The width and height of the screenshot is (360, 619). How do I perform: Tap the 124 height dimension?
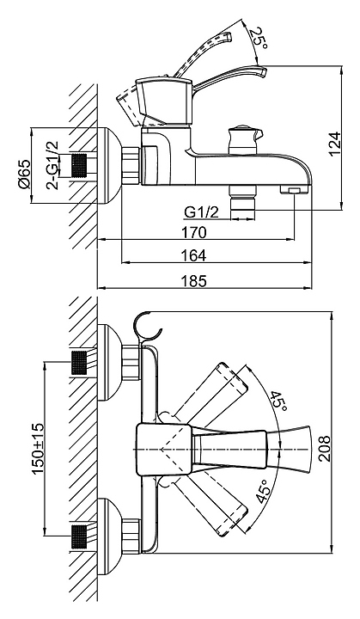[335, 144]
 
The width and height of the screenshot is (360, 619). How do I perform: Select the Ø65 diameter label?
[24, 174]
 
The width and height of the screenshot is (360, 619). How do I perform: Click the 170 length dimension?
[193, 232]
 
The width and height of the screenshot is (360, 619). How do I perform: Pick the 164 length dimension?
[193, 255]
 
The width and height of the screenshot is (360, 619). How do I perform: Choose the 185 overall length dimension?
[193, 280]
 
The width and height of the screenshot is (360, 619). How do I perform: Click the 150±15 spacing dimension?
[39, 449]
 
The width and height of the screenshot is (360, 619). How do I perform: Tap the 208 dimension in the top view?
[325, 449]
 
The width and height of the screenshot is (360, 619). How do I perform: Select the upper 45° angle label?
[278, 401]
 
